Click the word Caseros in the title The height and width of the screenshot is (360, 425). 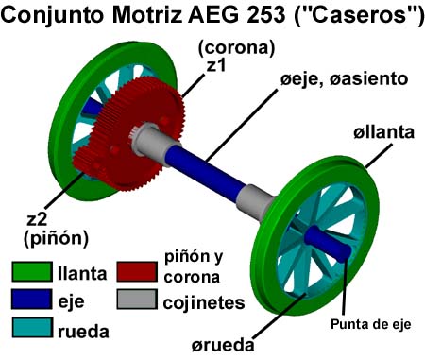[360, 15]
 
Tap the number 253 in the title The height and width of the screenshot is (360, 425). [265, 15]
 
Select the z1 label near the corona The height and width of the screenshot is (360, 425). [216, 65]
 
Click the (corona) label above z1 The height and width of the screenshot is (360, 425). [236, 48]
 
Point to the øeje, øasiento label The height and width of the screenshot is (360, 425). [344, 78]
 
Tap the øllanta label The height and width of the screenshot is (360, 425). [383, 132]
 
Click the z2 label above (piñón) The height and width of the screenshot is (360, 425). [37, 219]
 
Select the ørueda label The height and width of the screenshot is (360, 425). [223, 345]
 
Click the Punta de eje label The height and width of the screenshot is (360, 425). [371, 324]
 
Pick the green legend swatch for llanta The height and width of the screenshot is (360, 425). [32, 272]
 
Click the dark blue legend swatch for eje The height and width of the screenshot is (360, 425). [32, 300]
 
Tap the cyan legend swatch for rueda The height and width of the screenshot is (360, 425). [32, 328]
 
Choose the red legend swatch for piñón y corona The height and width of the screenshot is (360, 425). [137, 272]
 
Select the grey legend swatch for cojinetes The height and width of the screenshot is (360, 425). [137, 300]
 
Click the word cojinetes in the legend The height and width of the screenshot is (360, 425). [204, 303]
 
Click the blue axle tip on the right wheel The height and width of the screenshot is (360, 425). [328, 243]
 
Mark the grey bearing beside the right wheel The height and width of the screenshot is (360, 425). [255, 201]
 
